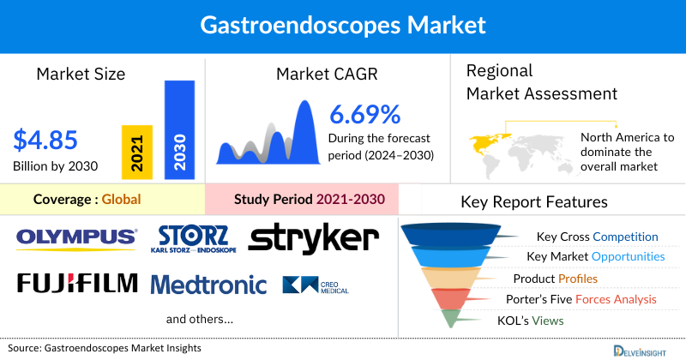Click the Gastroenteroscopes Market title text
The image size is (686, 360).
342,23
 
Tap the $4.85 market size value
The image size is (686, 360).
45,139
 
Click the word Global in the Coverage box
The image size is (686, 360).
121,200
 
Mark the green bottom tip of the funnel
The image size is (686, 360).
451,319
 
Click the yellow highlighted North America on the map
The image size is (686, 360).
485,141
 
